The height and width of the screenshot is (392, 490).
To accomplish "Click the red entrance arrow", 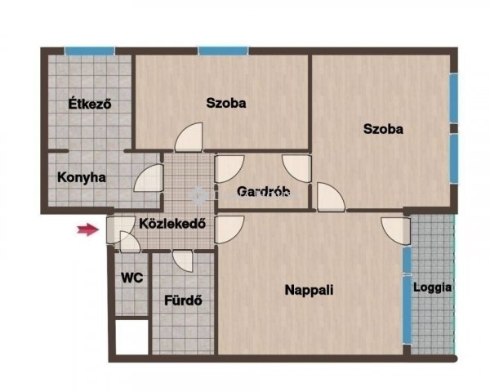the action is coord(88,229).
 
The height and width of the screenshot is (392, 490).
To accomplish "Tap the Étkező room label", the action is coord(90,104).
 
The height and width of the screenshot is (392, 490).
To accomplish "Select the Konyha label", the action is coord(82,177).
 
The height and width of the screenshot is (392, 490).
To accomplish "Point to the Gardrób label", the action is coord(264,191).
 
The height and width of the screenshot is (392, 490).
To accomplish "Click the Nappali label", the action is coord(309,290).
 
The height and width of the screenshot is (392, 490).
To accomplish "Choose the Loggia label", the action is coord(433,287).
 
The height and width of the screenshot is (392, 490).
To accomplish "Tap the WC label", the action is coord(131,278).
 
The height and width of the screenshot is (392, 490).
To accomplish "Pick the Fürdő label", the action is coord(183,301).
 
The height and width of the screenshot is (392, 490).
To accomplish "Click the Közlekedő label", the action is coord(172,224).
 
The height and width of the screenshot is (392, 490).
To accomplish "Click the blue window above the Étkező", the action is coord(90,51).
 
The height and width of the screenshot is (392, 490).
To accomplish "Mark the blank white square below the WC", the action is coord(131,337).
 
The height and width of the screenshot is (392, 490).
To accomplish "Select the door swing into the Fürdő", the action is coord(183,261).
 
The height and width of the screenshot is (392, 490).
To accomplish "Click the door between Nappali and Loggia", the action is coord(395,230).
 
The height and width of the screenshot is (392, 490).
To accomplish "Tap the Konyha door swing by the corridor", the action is coord(149,178).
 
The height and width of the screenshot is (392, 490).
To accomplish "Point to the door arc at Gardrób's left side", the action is coord(229,169).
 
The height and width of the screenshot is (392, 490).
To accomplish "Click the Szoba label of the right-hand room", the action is coord(383,129).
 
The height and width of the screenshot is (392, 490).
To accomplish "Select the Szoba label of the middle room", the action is coord(226,103).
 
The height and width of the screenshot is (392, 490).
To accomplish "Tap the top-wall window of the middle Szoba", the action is coord(223,51).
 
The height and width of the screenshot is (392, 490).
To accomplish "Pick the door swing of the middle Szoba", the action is coord(189,137).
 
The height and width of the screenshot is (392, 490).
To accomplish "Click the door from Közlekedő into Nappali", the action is coord(229,229).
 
